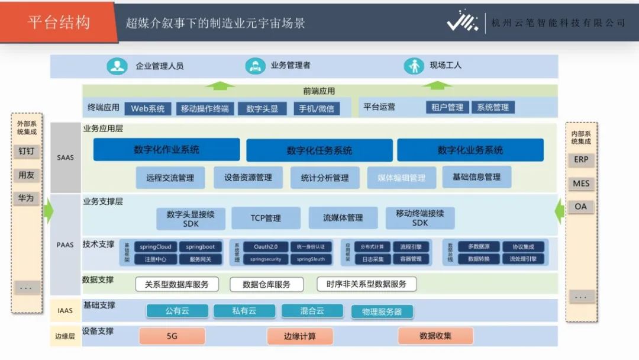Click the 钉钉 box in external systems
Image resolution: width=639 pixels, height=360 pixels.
tap(26, 151)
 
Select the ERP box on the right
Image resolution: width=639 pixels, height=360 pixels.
tap(581, 160)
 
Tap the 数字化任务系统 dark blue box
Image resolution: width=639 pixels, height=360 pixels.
tap(319, 150)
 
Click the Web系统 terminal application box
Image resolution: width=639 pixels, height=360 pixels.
tap(148, 108)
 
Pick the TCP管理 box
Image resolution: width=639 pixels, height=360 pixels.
tap(266, 218)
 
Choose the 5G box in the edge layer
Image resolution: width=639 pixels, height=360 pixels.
tap(172, 336)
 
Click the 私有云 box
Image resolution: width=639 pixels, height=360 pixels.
tap(244, 311)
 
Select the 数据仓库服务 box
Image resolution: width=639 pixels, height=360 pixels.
tap(266, 284)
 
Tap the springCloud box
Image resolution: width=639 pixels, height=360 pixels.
tap(155, 246)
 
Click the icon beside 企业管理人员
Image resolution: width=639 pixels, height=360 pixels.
tap(117, 66)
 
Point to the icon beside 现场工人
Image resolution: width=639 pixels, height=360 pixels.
tap(414, 66)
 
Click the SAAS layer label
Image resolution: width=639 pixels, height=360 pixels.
tap(66, 157)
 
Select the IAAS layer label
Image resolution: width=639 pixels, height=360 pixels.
tap(66, 310)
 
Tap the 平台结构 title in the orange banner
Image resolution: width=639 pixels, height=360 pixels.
tap(59, 22)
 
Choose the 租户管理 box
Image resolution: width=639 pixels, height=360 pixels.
tap(447, 107)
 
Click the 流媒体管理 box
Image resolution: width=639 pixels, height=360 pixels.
tap(343, 218)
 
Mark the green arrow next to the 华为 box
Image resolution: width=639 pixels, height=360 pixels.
tap(49, 210)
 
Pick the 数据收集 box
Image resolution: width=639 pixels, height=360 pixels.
tap(435, 336)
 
